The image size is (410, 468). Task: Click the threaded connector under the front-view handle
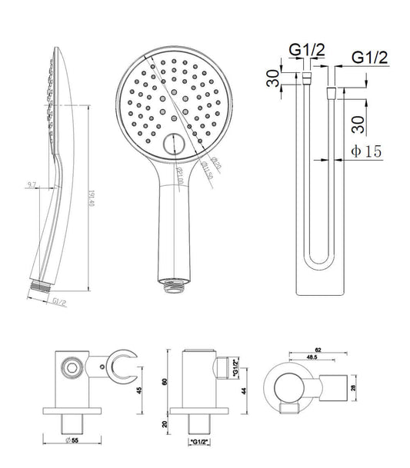pyautogui.click(x=173, y=286)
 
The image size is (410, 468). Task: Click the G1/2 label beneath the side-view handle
pyautogui.click(x=60, y=303)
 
